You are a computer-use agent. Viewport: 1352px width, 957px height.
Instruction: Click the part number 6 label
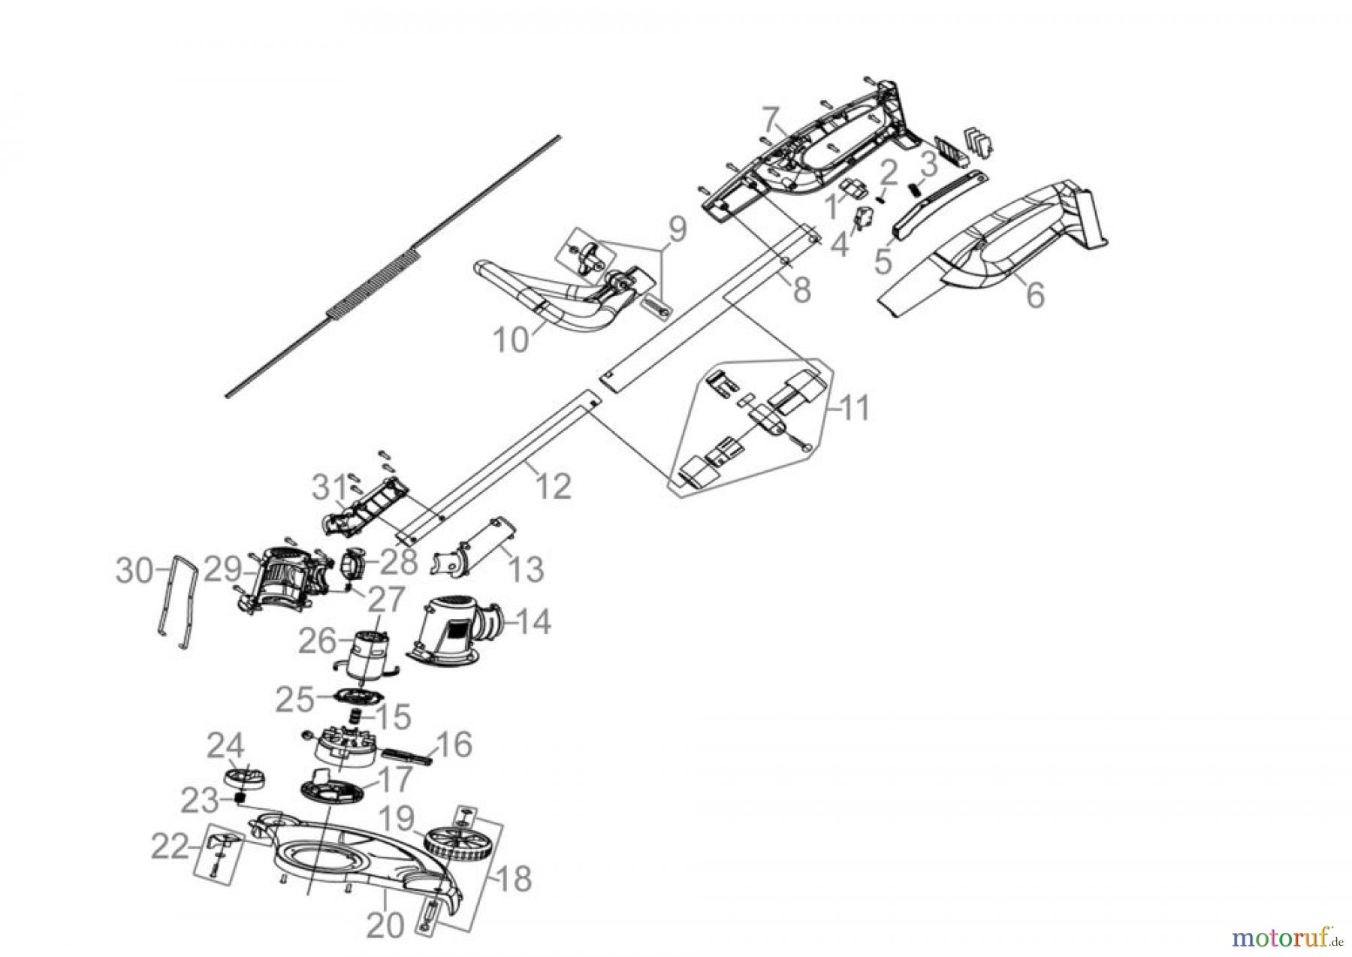[x=1035, y=295]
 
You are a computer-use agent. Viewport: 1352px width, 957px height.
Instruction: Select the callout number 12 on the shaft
[x=554, y=487]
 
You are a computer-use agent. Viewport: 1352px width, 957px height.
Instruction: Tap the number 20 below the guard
[x=386, y=928]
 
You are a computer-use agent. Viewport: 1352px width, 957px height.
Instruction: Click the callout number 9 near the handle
[x=677, y=230]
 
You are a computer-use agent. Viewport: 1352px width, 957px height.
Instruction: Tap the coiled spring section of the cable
[x=373, y=283]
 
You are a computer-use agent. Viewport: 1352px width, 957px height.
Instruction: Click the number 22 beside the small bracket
[x=169, y=848]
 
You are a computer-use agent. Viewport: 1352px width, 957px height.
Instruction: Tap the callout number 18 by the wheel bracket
[x=514, y=879]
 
